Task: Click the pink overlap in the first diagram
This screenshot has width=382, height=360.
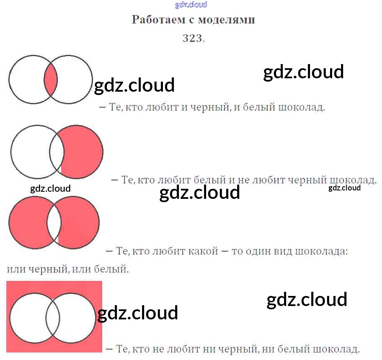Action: (51, 80)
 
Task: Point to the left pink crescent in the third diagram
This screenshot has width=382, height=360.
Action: (27, 222)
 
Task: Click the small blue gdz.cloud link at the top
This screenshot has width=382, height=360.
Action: (191, 5)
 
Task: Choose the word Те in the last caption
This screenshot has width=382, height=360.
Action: (121, 348)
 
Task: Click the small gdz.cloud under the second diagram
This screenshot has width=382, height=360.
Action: (50, 188)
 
